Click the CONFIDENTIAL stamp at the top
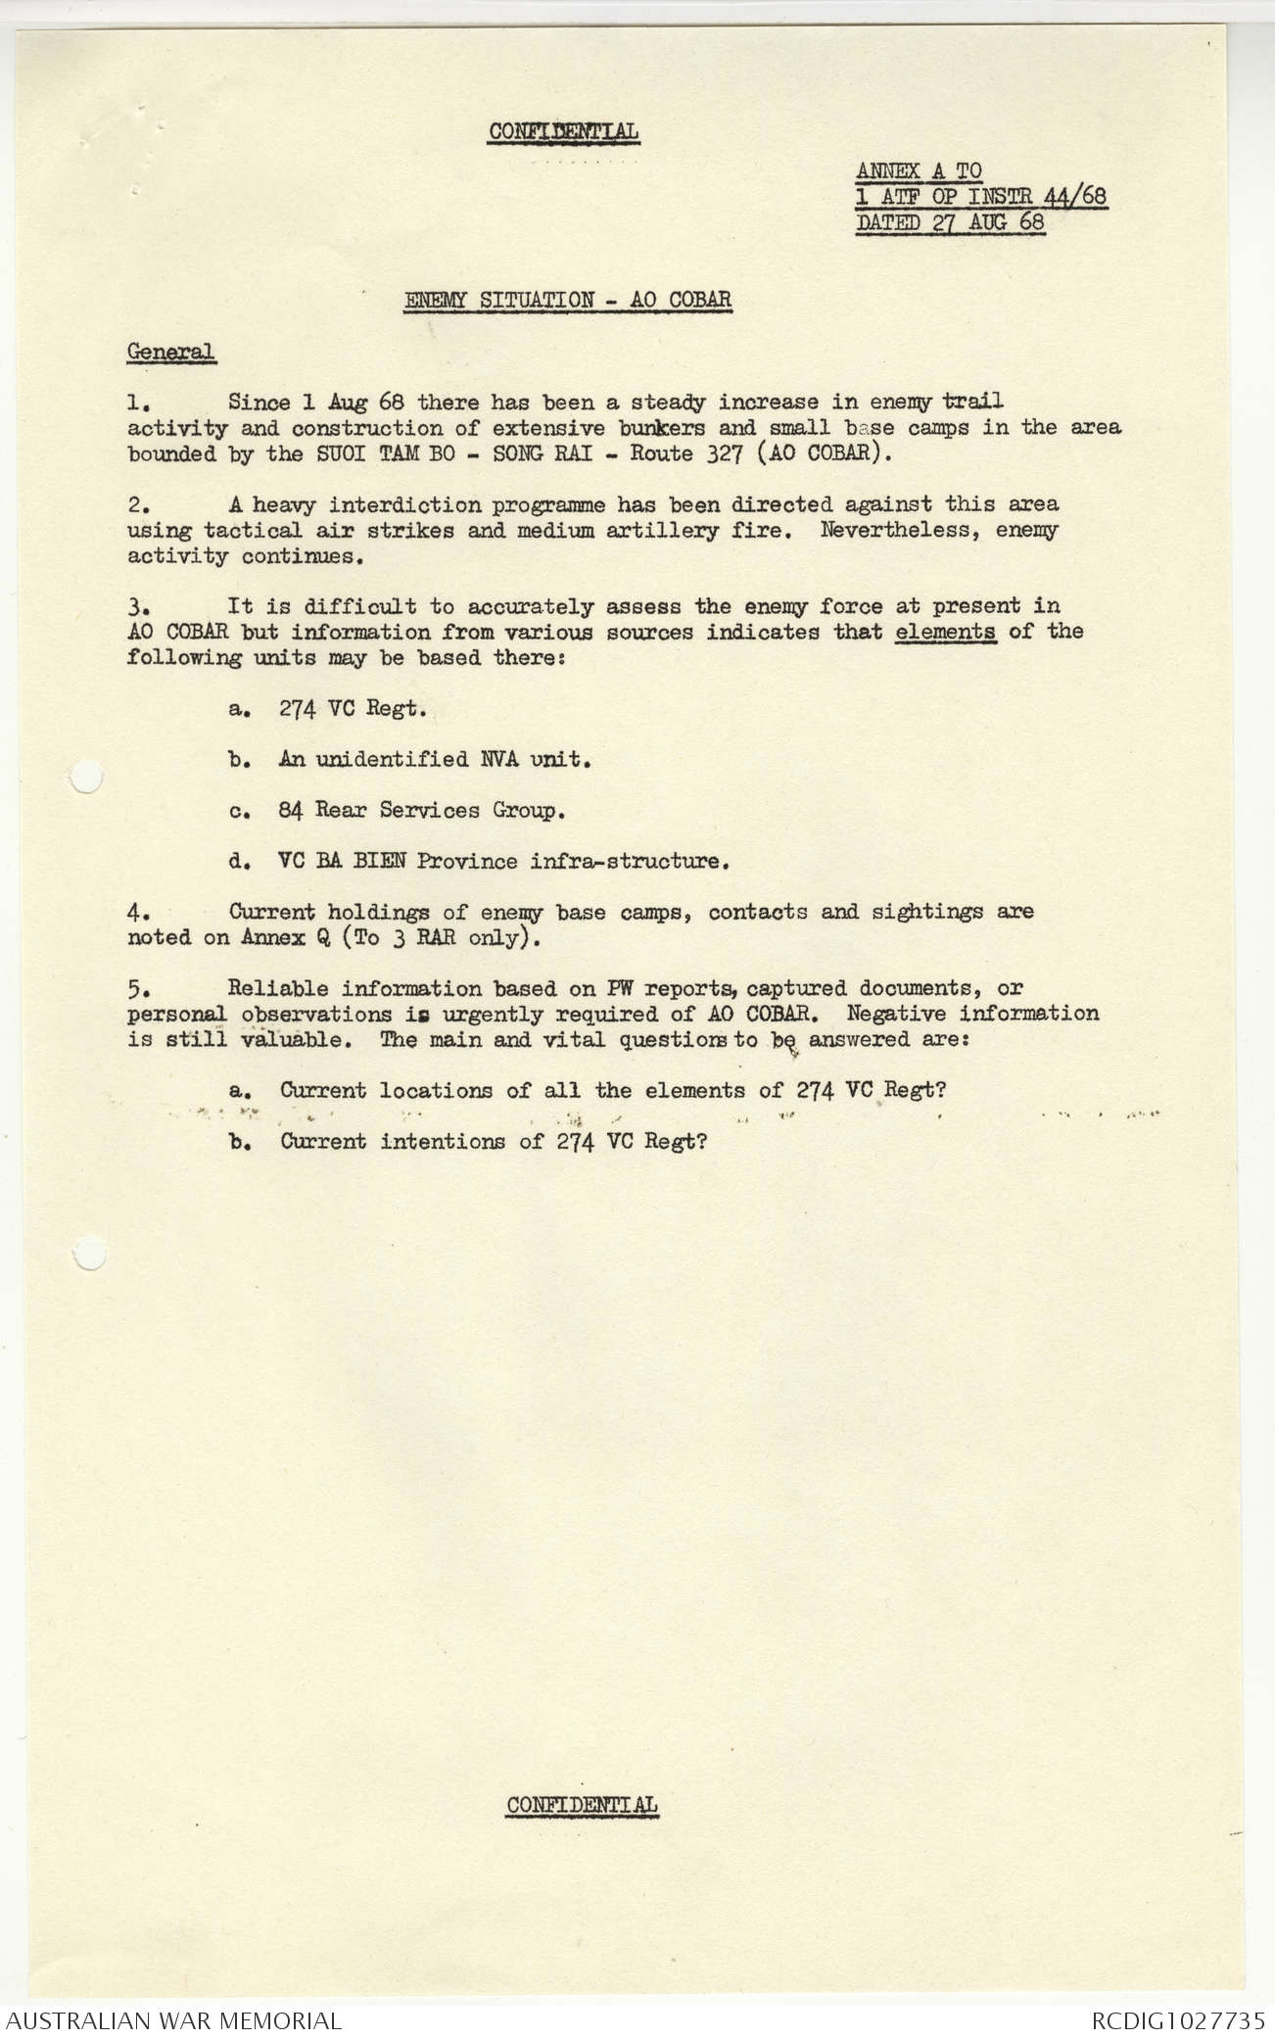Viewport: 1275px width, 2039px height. [564, 131]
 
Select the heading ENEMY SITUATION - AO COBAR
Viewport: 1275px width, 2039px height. [568, 300]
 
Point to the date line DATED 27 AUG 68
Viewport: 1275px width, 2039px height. [950, 222]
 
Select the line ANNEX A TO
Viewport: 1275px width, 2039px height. [919, 171]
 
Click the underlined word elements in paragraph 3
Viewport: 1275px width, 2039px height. [946, 632]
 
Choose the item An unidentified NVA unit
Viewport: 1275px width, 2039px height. [434, 759]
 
